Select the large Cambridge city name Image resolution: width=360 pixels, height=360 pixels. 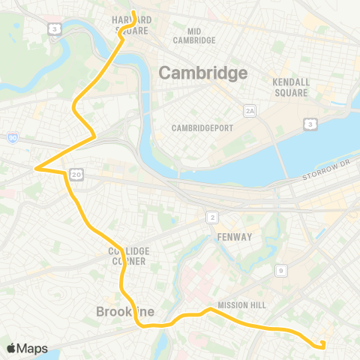(x=202, y=73)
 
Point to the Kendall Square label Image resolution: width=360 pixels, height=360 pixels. (x=291, y=88)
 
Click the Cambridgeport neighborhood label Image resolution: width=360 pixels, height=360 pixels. (x=202, y=128)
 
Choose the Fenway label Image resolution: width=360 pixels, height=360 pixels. (x=235, y=237)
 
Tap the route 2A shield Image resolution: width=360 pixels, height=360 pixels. (x=250, y=112)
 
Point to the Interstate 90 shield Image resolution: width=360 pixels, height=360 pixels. (x=13, y=138)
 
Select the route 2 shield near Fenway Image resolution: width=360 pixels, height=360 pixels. (x=212, y=217)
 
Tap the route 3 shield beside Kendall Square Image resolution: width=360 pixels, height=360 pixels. (x=309, y=124)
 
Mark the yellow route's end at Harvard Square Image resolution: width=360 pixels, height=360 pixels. (x=133, y=13)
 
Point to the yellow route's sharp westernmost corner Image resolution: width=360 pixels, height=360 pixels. (x=34, y=169)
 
